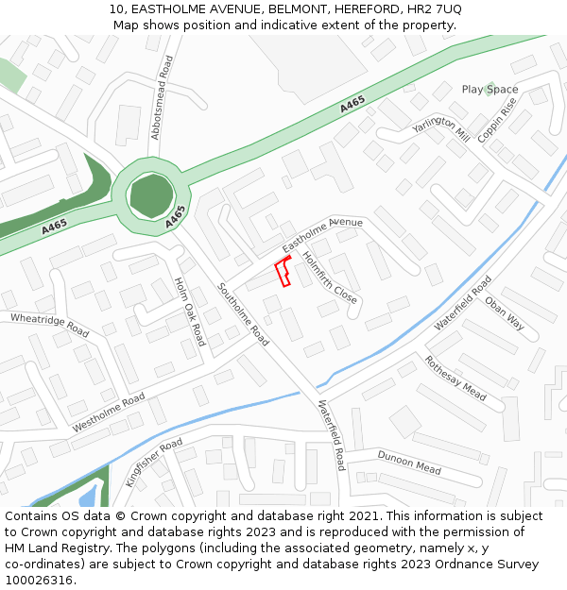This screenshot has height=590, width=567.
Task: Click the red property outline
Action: coord(282,272)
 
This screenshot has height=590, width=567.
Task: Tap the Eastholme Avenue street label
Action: coord(322,235)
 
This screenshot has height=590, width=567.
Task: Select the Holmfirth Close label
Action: coord(329,277)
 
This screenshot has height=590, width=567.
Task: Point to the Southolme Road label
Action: coord(243,314)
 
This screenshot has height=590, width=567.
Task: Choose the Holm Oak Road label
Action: coord(189,312)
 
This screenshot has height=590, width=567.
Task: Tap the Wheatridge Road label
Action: coord(49,326)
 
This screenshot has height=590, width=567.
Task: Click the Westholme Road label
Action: coord(109,413)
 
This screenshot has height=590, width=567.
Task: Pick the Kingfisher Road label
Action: coord(154,462)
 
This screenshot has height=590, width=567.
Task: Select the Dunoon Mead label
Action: coord(409,462)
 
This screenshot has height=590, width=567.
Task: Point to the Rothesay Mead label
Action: coord(455,378)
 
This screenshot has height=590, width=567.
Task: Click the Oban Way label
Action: coord(504,312)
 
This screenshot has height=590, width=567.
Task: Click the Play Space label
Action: coord(490,90)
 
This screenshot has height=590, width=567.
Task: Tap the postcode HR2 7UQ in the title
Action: coord(438,9)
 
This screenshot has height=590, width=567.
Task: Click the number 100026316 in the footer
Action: coord(41,581)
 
